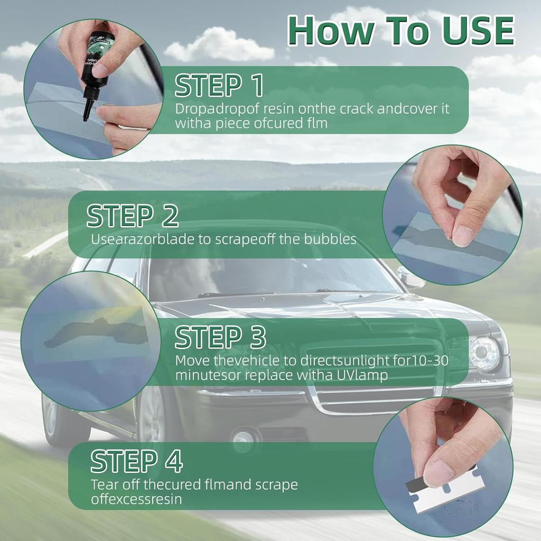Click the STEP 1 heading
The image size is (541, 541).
click(x=219, y=86)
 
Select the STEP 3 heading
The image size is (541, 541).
click(x=220, y=337)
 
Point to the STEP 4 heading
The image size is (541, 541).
click(x=136, y=462)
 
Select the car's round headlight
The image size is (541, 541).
click(x=484, y=353)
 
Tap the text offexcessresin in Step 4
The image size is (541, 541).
click(x=136, y=499)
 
